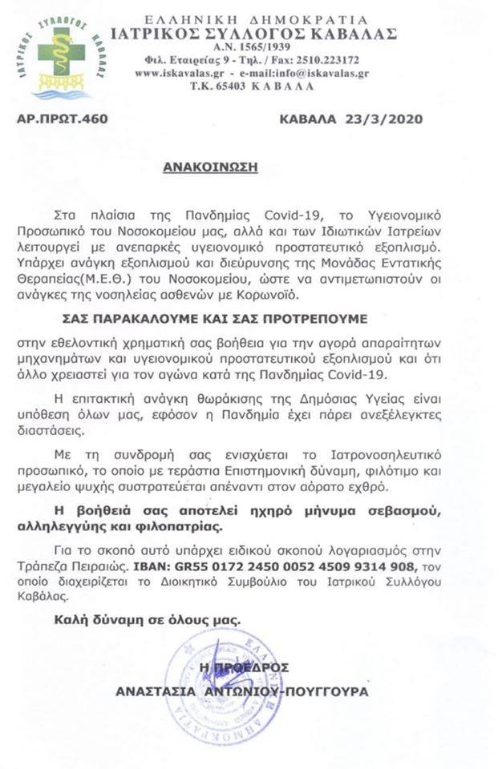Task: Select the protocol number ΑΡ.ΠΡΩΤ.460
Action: (62, 119)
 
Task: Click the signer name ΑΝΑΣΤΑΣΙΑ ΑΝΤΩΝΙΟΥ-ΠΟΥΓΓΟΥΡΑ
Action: (241, 690)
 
